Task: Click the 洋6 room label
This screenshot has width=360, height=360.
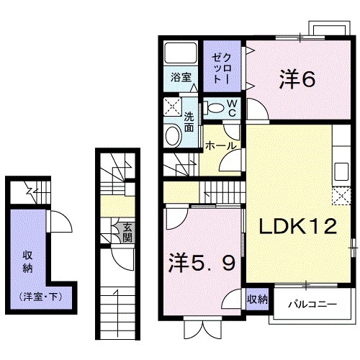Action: click(296, 78)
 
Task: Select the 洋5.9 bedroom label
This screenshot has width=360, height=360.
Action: click(202, 264)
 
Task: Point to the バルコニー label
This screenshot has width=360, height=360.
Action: click(313, 304)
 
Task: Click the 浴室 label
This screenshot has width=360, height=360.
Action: click(181, 78)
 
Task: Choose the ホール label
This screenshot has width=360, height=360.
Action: click(220, 145)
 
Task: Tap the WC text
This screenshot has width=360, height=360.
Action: click(233, 109)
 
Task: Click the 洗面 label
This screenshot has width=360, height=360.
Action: click(189, 122)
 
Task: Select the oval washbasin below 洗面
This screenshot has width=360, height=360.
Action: click(173, 137)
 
